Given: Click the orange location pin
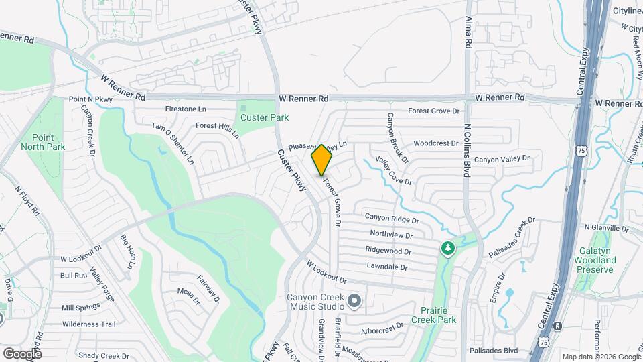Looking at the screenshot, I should (321, 160).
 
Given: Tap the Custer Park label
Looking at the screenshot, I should (265, 117).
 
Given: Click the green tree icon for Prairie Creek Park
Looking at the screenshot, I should (447, 249).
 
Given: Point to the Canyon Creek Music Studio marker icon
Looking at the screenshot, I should (354, 300).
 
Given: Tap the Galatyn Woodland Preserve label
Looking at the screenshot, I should (595, 259).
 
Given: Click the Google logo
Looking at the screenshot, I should (21, 353).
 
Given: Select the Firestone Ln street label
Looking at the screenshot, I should (186, 109).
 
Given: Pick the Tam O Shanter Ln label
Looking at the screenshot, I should (172, 143).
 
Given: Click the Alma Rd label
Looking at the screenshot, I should (469, 32).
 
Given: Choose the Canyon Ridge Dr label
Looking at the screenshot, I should (392, 219).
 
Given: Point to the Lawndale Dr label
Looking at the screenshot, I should (387, 267).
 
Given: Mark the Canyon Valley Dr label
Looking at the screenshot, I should (502, 160).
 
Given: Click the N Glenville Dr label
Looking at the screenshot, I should (607, 228).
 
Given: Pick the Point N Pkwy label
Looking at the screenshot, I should (90, 99).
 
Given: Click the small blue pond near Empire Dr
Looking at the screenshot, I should (510, 293).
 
